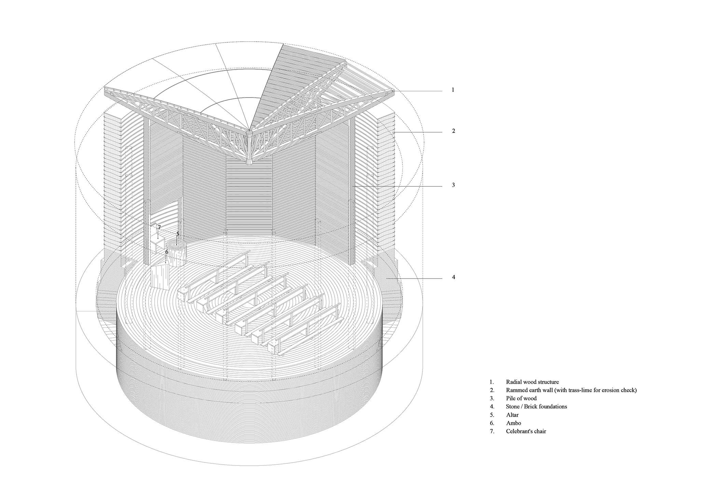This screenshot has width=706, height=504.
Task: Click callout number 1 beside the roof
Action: (x=453, y=90)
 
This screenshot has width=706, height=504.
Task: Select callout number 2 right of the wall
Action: (x=453, y=131)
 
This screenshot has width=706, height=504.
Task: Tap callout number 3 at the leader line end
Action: (x=453, y=185)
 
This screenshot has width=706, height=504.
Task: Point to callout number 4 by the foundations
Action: (x=453, y=277)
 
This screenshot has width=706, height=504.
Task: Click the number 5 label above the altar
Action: (x=178, y=234)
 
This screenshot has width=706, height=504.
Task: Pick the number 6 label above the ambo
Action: (x=167, y=252)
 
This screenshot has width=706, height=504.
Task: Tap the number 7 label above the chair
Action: (x=159, y=227)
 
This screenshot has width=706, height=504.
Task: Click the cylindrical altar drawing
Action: (x=177, y=253)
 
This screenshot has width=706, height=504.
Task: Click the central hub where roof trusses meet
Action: (x=250, y=131)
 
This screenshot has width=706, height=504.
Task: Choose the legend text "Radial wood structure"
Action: (x=532, y=382)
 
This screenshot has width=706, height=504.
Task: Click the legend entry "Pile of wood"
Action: (x=521, y=398)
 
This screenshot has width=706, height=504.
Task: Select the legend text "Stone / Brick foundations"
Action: (x=536, y=407)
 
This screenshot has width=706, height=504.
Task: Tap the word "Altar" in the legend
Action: (x=512, y=415)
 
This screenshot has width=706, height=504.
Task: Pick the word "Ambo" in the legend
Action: (x=513, y=423)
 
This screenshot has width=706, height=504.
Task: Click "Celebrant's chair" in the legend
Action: (x=526, y=432)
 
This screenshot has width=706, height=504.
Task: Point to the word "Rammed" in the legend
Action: (x=516, y=390)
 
